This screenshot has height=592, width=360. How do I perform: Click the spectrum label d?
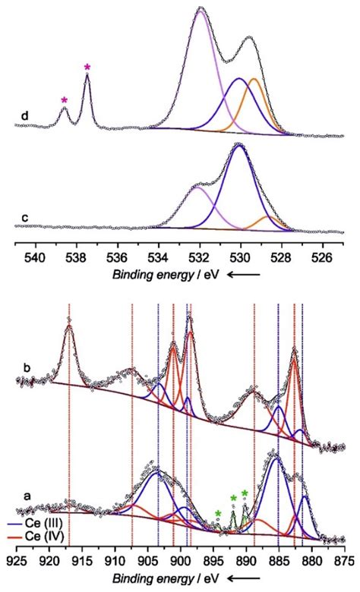[x=25, y=116]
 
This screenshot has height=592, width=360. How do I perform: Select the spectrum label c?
[x=25, y=219]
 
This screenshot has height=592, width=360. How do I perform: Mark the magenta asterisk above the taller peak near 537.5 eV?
[x=87, y=68]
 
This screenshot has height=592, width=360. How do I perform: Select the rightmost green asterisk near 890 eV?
[x=245, y=494]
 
